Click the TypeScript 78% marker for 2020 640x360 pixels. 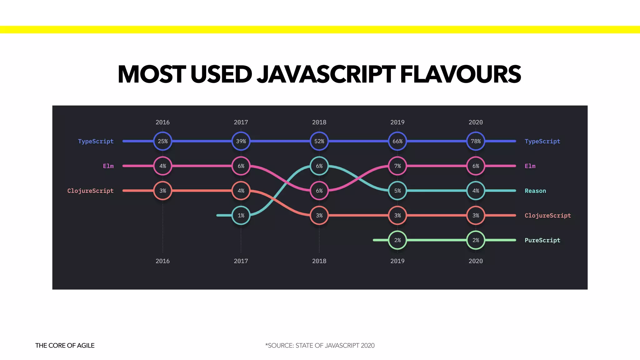pos(476,141)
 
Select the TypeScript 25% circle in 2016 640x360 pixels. pos(162,141)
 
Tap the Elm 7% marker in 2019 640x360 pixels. pos(397,166)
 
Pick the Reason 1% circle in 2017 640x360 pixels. pos(241,215)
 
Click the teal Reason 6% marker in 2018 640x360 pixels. pos(319,166)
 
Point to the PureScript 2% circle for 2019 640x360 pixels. pos(397,240)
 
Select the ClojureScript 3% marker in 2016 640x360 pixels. pos(162,191)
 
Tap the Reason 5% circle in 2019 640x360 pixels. pos(397,191)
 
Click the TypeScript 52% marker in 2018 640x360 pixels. pos(319,141)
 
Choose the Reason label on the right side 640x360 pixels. pos(535,191)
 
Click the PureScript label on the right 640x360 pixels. pos(542,240)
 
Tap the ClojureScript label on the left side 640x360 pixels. pos(90,191)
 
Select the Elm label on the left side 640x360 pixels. pos(108,166)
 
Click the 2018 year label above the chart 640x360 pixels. pos(319,122)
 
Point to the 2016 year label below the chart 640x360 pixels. pos(162,261)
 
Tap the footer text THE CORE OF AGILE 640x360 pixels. pos(65,345)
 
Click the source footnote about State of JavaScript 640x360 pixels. pos(320,345)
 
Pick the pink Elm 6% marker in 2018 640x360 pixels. pos(319,191)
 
